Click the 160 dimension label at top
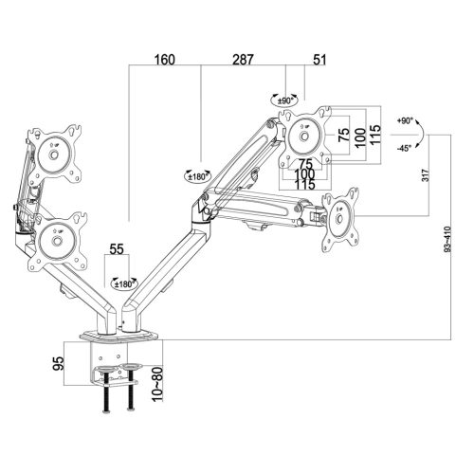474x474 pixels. pyautogui.click(x=164, y=60)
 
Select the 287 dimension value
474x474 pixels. pyautogui.click(x=243, y=60)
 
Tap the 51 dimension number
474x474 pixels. pyautogui.click(x=319, y=60)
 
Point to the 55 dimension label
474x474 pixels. pyautogui.click(x=117, y=249)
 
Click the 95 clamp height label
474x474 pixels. pyautogui.click(x=59, y=363)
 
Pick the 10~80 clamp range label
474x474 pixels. pyautogui.click(x=157, y=384)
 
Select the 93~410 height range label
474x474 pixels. pyautogui.click(x=447, y=239)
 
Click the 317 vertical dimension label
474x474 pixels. pyautogui.click(x=426, y=175)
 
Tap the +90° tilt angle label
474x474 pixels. pyautogui.click(x=405, y=120)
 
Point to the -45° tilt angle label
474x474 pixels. pyautogui.click(x=404, y=148)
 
